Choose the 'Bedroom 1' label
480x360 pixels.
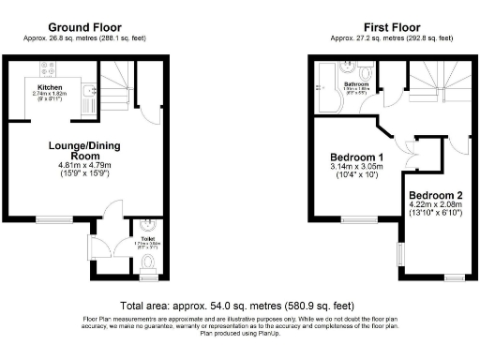(356, 157)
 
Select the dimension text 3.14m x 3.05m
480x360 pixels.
(356, 169)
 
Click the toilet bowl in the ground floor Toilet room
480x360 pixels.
(147, 271)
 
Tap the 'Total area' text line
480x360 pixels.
(237, 306)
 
